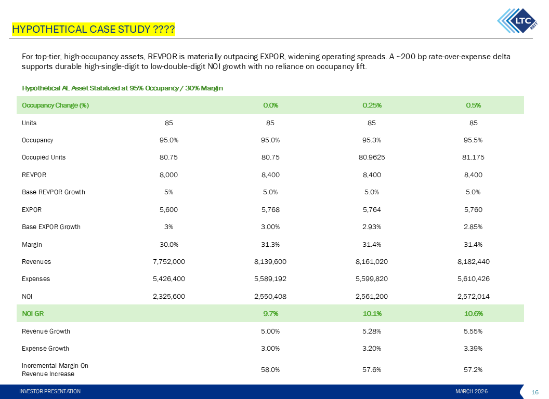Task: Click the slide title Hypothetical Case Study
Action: pos(94,29)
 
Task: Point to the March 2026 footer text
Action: pos(472,391)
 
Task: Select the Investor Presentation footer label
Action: pos(50,391)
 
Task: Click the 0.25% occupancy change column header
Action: pos(371,105)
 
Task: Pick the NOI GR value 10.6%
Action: pos(473,313)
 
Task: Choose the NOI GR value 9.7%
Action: pos(270,313)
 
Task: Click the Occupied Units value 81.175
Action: pos(473,157)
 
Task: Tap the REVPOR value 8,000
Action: pos(169,175)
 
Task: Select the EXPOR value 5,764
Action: pos(371,210)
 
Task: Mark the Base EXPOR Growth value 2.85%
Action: pos(473,227)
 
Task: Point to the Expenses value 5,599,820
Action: pos(371,279)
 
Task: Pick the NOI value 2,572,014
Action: pos(473,296)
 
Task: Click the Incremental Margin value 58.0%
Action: pos(270,370)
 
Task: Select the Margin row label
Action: pos(32,244)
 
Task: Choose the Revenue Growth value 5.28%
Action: pos(371,331)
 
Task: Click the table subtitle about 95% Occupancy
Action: pos(122,88)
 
